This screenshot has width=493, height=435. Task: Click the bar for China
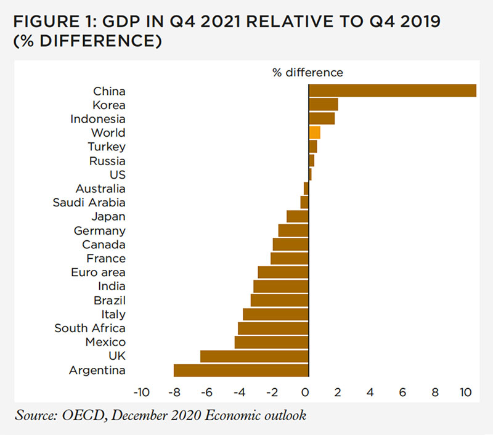392,91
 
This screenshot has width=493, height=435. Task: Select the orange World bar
314,132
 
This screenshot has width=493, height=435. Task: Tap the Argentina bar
240,370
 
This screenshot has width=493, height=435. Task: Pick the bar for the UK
254,356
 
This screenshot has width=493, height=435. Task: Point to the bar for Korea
323,105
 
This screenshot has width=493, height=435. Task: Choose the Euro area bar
283,272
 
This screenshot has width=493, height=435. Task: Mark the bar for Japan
297,216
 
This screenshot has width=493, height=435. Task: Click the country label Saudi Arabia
89,203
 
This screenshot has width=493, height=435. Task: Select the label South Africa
90,328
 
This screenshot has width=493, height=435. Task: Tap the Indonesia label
98,119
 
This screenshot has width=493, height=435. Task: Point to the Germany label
100,230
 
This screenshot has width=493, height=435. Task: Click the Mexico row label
105,342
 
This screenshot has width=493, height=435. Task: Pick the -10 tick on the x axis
141,392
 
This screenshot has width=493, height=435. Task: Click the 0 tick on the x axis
304,392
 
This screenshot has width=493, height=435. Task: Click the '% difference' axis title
308,72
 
